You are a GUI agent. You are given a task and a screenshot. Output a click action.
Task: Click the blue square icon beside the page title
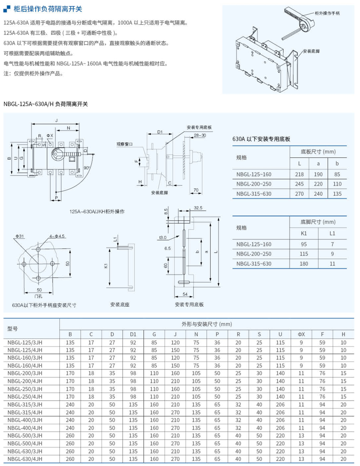tap(7, 9)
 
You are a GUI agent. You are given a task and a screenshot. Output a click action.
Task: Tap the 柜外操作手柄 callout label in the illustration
tap(327, 13)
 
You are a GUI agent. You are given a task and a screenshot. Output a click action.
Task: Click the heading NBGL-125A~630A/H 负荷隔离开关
tap(46, 104)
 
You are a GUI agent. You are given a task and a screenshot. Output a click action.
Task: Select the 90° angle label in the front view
tap(87, 168)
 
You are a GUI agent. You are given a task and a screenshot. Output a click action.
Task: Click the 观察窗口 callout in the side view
tap(124, 144)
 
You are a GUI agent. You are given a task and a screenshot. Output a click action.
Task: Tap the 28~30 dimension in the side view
tap(199, 136)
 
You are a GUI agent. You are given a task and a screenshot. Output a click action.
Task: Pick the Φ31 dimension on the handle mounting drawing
tap(20, 236)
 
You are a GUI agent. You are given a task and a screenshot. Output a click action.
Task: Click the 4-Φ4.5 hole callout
tap(57, 236)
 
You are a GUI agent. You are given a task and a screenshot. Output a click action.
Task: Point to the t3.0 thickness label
tap(162, 238)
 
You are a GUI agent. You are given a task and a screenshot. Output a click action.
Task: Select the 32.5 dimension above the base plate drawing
tap(198, 208)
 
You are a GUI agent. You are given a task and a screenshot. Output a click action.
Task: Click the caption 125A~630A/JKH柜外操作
tap(97, 211)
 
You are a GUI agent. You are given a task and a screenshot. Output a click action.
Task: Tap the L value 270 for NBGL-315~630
tap(299, 194)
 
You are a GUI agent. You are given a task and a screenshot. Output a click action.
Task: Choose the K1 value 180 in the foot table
tap(304, 264)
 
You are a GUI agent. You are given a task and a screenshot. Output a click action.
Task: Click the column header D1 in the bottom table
tap(133, 334)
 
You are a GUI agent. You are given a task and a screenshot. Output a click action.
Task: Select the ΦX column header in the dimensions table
tap(301, 334)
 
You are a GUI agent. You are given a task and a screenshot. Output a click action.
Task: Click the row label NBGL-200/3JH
tap(25, 373)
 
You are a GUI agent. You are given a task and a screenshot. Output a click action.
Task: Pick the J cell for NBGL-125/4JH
tap(175, 350)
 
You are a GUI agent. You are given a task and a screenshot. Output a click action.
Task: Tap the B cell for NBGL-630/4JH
tap(70, 459)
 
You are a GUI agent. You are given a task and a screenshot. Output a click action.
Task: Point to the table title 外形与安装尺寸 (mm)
tap(207, 324)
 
